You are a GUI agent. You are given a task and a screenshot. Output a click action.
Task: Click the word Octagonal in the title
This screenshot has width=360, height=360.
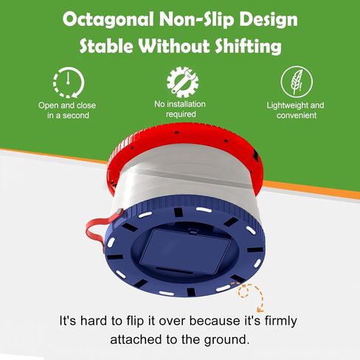108,20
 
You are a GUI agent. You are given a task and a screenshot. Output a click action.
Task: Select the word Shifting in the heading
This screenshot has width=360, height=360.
248,46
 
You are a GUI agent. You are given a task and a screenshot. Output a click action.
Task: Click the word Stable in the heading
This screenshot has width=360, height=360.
106,46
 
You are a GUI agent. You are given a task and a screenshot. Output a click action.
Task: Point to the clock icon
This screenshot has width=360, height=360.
69,83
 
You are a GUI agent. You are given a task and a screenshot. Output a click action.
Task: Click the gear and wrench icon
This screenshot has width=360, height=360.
182,82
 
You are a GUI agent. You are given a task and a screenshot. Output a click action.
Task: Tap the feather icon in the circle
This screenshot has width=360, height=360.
297,82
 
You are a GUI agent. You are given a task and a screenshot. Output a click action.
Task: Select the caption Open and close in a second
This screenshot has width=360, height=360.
67,110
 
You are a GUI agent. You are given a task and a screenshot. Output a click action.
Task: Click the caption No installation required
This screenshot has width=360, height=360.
180,109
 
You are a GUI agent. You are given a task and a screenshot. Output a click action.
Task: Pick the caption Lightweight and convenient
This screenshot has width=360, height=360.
296,110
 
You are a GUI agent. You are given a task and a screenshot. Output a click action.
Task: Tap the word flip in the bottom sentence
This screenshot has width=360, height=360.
134,322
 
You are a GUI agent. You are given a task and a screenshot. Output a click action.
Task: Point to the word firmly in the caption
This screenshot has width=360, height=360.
281,322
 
